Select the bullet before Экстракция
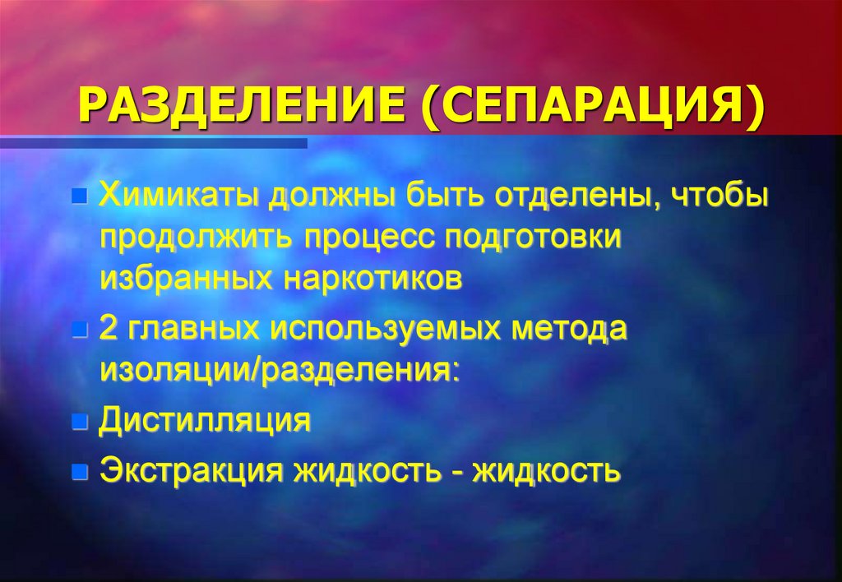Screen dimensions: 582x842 pos(79,473)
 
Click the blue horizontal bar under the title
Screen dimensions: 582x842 pos(154,143)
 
